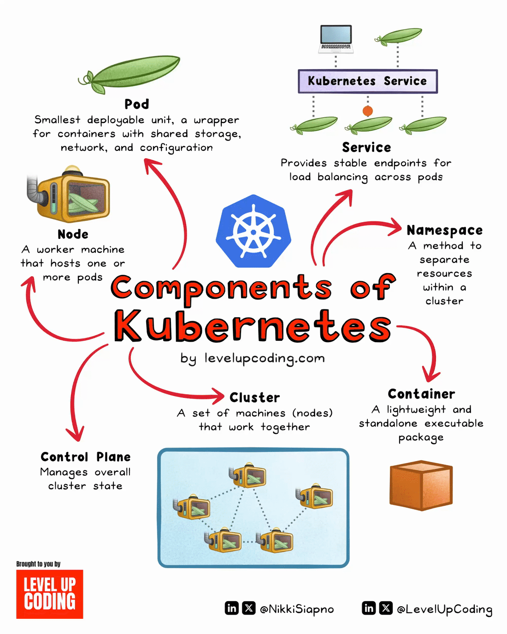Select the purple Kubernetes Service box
pos(367,81)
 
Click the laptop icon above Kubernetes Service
pos(336,39)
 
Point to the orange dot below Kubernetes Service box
pos(367,111)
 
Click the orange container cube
pos(421,485)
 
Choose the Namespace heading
pos(444,230)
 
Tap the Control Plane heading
pos(86,457)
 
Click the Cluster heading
pos(255,397)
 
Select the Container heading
pos(421,394)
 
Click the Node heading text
pos(73,234)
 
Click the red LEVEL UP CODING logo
pos(50,594)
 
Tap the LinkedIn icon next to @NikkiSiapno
pos(232,608)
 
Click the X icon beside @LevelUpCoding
pos(386,608)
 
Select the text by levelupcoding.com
pos(253,358)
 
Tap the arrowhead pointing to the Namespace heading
pos(395,226)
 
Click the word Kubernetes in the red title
pos(253,326)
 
